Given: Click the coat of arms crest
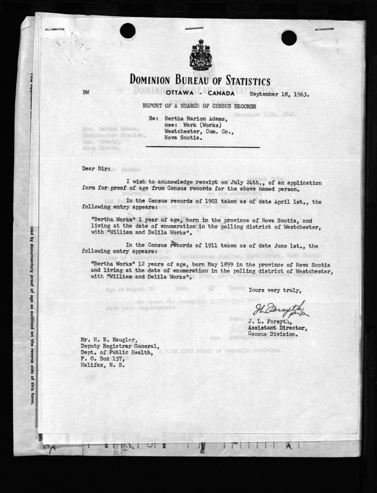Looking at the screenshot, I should tap(200, 55).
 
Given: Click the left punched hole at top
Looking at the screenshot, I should tap(128, 31).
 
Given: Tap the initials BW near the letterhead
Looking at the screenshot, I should tap(86, 93).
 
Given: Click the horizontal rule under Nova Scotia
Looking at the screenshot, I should tap(203, 147).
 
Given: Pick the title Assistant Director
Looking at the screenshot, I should tap(273, 328).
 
